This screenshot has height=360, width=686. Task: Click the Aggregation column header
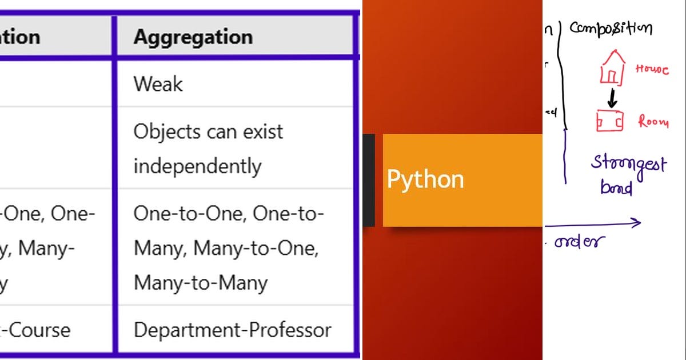pos(193,37)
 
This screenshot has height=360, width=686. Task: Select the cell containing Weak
pos(158,84)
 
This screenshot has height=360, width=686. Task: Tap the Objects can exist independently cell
pos(208,149)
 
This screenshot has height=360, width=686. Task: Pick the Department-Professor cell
pos(232,330)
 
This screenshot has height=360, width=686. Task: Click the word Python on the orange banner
pos(425,179)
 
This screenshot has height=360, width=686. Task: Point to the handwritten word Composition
pos(611,28)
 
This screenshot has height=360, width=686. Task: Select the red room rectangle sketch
pos(609,121)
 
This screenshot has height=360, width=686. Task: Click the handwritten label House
pos(652,70)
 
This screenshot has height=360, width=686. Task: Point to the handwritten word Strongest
pos(628,165)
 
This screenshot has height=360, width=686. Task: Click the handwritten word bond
pos(616,187)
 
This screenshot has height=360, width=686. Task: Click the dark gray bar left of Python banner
pos(369,180)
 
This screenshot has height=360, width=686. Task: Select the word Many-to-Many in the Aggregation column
pos(200,283)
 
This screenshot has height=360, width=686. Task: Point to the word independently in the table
pos(197,166)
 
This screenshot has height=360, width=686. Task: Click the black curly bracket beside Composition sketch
pos(563,74)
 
